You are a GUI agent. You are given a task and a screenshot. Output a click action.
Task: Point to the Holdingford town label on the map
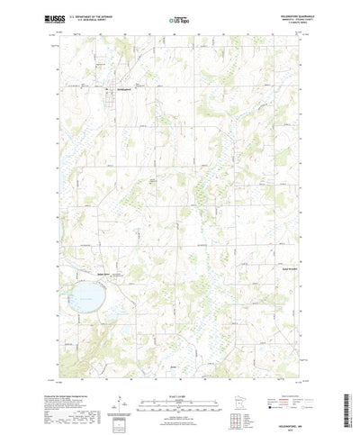click(120, 88)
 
